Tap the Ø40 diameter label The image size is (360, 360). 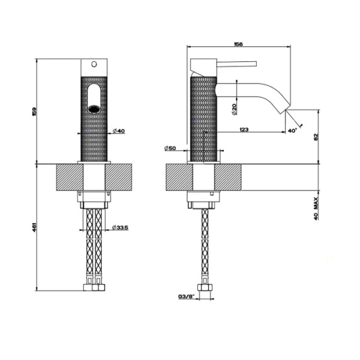pyautogui.click(x=118, y=131)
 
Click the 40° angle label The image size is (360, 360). pyautogui.click(x=292, y=130)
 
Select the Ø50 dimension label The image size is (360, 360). pyautogui.click(x=169, y=148)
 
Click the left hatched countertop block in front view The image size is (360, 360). pyautogui.click(x=67, y=178)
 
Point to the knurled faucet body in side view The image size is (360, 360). pyautogui.click(x=203, y=120)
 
